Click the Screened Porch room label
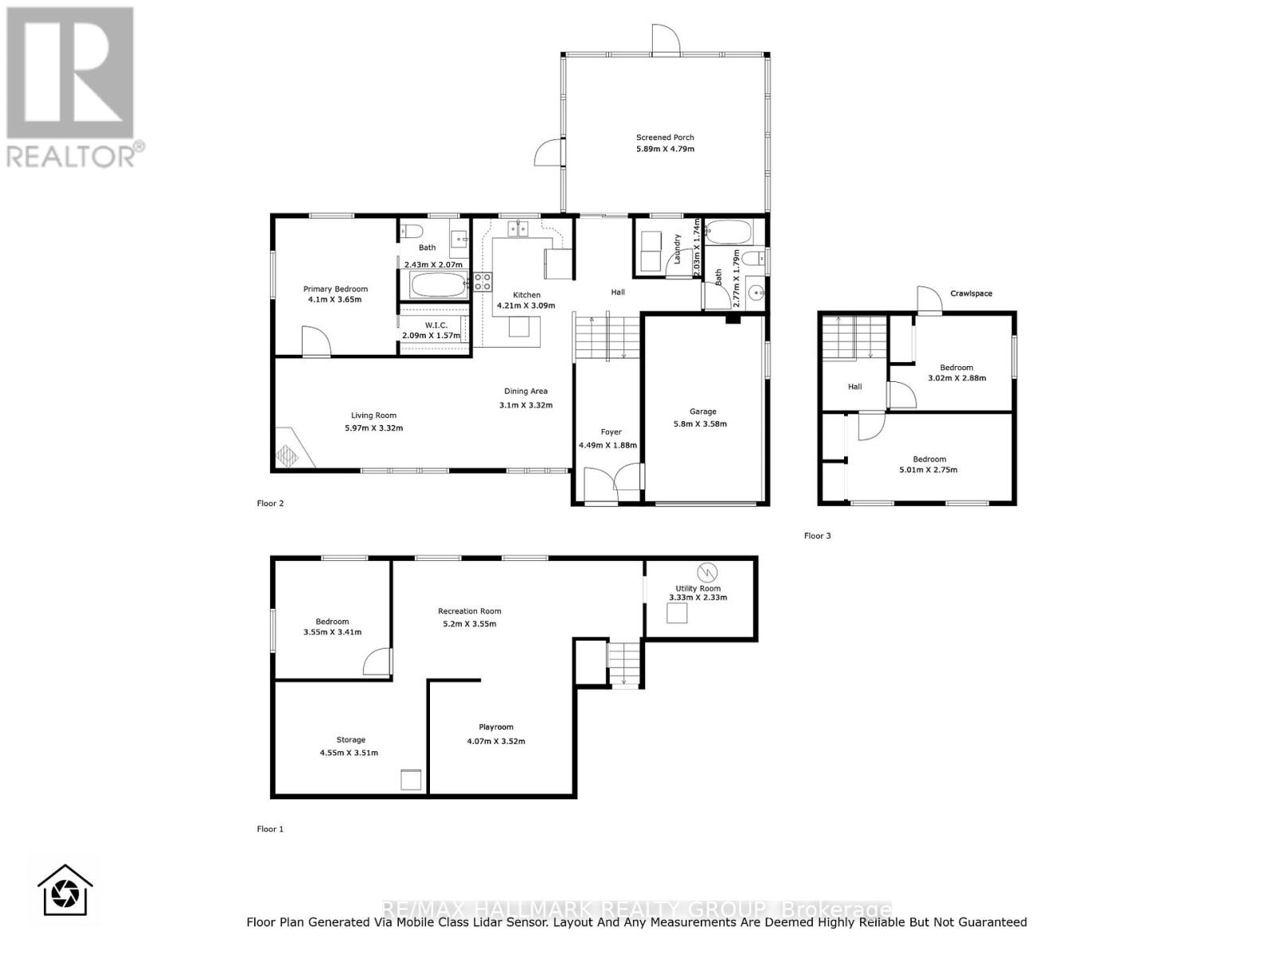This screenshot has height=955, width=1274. (x=665, y=138)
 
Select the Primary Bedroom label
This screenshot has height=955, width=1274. (x=335, y=289)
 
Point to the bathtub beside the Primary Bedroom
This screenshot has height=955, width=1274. (x=439, y=286)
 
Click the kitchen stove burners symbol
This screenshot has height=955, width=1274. (x=483, y=281)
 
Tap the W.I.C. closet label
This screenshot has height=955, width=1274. (x=436, y=325)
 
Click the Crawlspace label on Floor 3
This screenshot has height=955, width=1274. (x=971, y=294)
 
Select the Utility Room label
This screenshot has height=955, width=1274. (x=698, y=588)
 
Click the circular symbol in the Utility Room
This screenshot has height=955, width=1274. (x=706, y=571)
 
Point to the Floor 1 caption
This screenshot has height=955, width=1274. (x=270, y=828)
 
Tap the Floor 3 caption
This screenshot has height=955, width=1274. (x=817, y=536)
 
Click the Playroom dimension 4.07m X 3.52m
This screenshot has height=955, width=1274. (x=496, y=741)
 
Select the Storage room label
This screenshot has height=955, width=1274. (x=350, y=739)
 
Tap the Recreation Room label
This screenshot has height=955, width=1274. (x=470, y=611)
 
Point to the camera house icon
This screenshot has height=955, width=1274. (x=65, y=891)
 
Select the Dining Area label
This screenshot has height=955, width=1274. (x=526, y=391)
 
